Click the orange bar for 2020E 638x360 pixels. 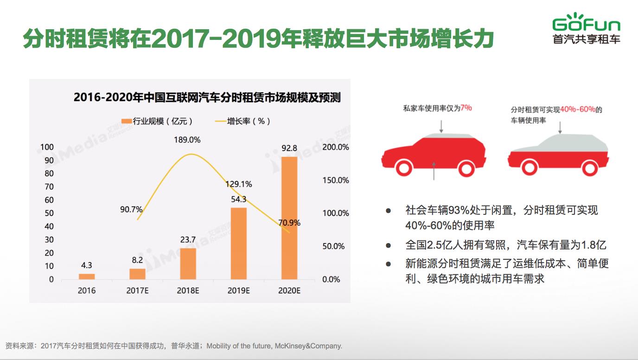click(x=289, y=218)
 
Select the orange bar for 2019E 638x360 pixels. click(x=239, y=244)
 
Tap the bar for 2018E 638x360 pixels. click(x=188, y=264)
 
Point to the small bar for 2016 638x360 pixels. click(x=87, y=276)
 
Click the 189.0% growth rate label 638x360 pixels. click(x=187, y=140)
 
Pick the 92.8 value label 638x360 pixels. click(x=289, y=148)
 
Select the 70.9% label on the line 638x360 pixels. click(x=289, y=223)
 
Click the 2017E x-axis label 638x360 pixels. click(x=137, y=291)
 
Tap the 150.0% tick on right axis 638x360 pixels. click(x=336, y=180)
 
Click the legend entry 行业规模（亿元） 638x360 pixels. click(x=157, y=121)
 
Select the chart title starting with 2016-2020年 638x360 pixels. click(x=207, y=98)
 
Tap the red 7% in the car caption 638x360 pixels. click(x=466, y=108)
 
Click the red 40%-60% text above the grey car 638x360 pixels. click(x=578, y=110)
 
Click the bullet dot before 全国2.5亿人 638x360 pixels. click(x=389, y=245)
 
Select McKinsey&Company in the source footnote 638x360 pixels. click(x=308, y=346)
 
